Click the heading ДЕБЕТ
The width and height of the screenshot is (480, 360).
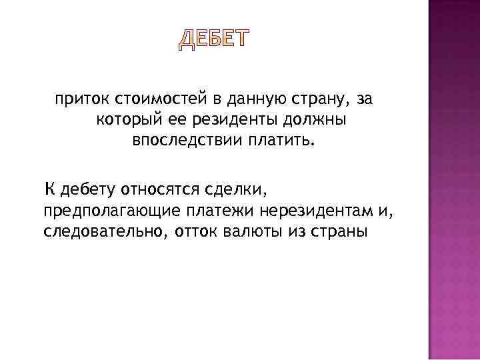[x=213, y=40]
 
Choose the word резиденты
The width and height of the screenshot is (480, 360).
[x=223, y=121]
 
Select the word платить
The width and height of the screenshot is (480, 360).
[x=279, y=142]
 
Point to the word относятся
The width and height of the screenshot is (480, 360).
[x=161, y=189]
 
